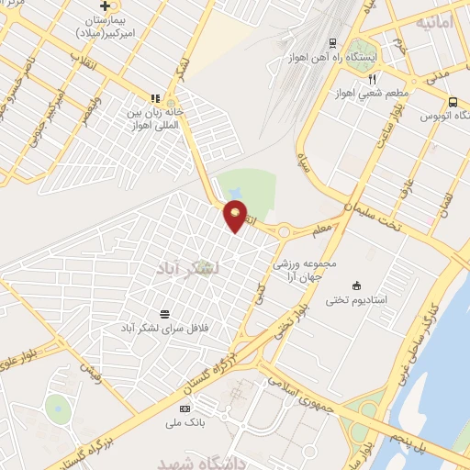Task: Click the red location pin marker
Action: coord(236,215)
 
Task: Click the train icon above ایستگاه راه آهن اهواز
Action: coord(331,42)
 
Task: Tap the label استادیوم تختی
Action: coord(357,300)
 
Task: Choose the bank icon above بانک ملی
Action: coord(185,408)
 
